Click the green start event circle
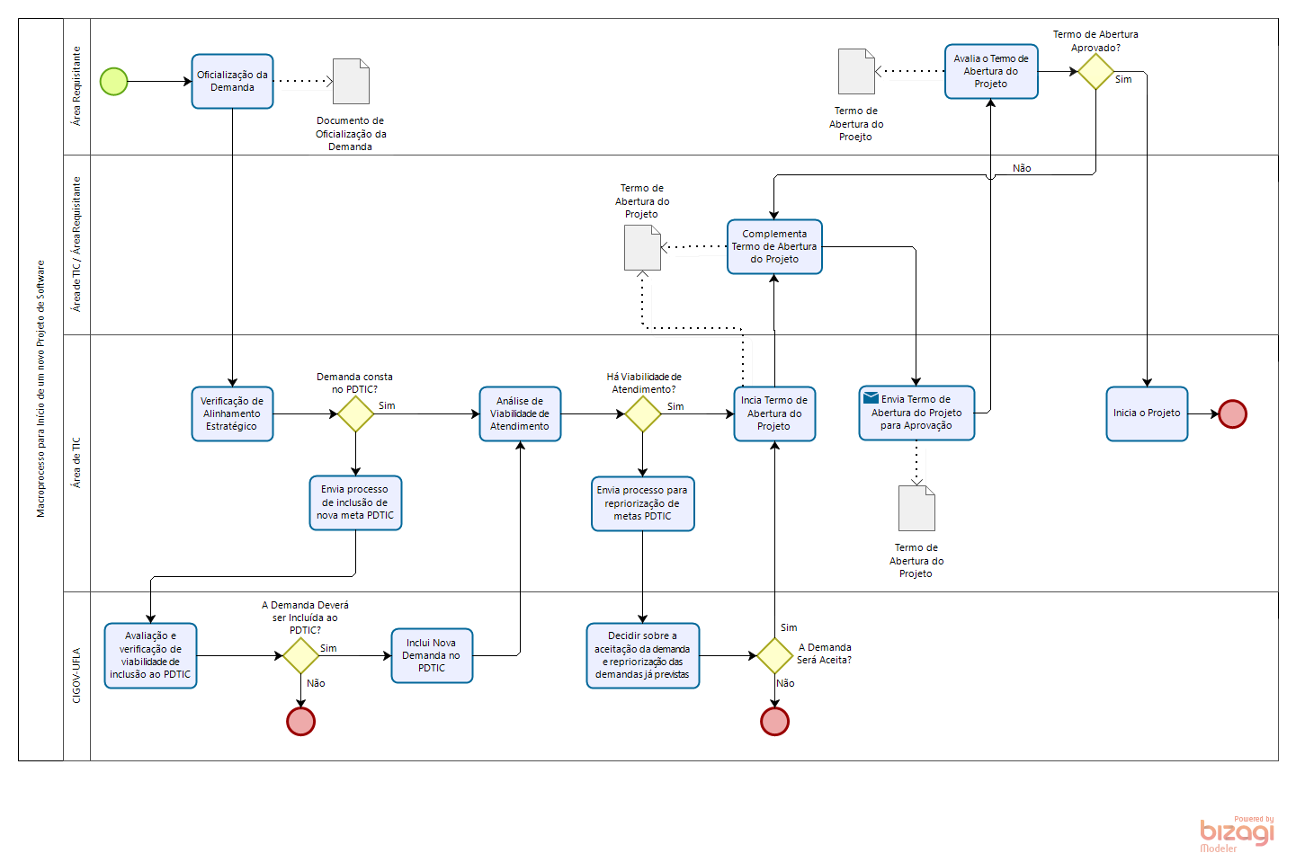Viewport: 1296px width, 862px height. coord(113,81)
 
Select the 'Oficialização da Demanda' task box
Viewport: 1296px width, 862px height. coord(232,81)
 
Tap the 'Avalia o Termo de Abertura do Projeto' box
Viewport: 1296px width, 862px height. coord(991,71)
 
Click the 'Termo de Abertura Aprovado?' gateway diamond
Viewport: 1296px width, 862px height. coord(1095,71)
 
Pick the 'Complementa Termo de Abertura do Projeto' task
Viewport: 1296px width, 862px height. coord(774,246)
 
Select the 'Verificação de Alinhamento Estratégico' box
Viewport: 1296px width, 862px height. coord(232,413)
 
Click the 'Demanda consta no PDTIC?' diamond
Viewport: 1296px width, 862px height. coord(355,413)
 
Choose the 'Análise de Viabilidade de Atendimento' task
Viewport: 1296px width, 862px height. coord(520,413)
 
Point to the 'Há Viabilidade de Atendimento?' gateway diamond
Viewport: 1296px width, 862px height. coord(643,413)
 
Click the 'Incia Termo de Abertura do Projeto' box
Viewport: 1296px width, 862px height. coord(774,413)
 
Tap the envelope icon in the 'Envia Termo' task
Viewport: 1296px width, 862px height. coord(871,397)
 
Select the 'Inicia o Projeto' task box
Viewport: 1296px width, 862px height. coord(1147,413)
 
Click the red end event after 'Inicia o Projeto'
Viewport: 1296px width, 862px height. coord(1232,413)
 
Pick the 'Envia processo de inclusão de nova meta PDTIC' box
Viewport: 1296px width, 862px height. coord(355,502)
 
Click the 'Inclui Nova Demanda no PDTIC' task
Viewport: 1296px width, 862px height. coord(432,655)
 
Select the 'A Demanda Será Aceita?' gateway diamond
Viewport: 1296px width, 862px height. coord(774,655)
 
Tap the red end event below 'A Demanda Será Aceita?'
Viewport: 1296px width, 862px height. coord(774,721)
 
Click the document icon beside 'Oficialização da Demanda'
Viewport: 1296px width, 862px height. coord(351,81)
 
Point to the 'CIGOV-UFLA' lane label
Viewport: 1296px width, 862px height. coord(76,675)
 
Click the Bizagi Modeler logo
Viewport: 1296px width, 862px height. coord(1237,833)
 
